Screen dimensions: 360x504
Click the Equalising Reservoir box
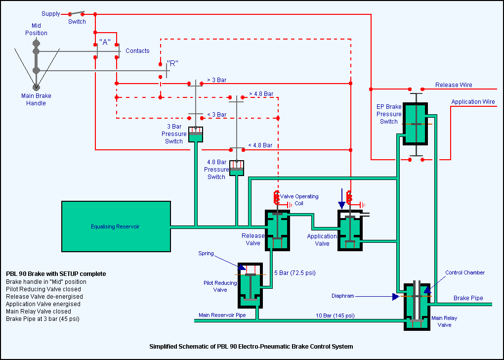pyautogui.click(x=116, y=226)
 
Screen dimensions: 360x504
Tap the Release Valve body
pyautogui.click(x=277, y=230)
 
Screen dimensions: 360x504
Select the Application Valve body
pyautogui.click(x=350, y=230)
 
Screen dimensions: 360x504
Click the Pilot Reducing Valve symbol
pyautogui.click(x=252, y=285)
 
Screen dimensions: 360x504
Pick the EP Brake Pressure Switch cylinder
pyautogui.click(x=417, y=123)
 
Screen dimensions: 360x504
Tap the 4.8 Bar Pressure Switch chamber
pyautogui.click(x=237, y=168)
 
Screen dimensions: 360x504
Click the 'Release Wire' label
pyautogui.click(x=453, y=85)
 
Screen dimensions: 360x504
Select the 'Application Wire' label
pyautogui.click(x=473, y=102)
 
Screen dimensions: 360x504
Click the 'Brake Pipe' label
pyautogui.click(x=468, y=298)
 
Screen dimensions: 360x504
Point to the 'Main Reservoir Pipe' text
pyautogui.click(x=222, y=315)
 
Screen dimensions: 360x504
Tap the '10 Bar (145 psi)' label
pyautogui.click(x=335, y=315)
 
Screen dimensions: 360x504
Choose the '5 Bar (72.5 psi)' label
pyautogui.click(x=295, y=273)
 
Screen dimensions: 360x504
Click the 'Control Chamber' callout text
pyautogui.click(x=464, y=272)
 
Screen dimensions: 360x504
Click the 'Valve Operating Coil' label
pyautogui.click(x=299, y=200)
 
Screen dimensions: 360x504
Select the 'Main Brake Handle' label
pyautogui.click(x=36, y=99)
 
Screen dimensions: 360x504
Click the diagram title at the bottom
pyautogui.click(x=251, y=346)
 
